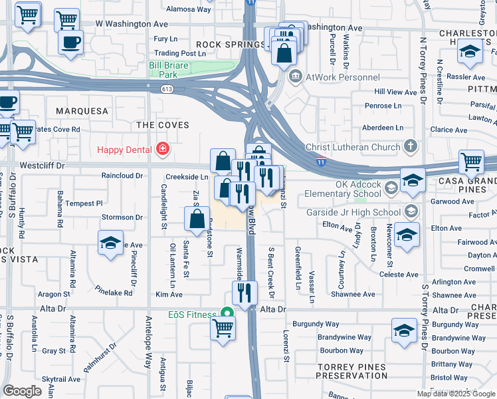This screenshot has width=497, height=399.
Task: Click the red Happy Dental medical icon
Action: click(161, 149)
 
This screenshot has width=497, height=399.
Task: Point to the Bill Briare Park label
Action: click(169, 70)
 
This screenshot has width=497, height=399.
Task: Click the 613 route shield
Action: click(167, 89)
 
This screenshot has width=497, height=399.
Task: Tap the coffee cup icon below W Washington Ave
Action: click(70, 43)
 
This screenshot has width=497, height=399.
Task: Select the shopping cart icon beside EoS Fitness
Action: click(223, 327)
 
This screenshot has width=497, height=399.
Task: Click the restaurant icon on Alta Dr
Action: click(245, 293)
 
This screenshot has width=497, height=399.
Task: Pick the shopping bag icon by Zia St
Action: click(197, 219)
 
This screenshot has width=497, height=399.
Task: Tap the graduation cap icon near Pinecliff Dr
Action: click(111, 243)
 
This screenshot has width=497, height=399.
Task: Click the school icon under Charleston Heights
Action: click(470, 52)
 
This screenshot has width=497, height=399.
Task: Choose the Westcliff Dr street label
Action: click(28, 164)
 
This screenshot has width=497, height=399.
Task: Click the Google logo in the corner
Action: click(22, 391)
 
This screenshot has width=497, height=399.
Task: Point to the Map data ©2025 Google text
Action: click(456, 394)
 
